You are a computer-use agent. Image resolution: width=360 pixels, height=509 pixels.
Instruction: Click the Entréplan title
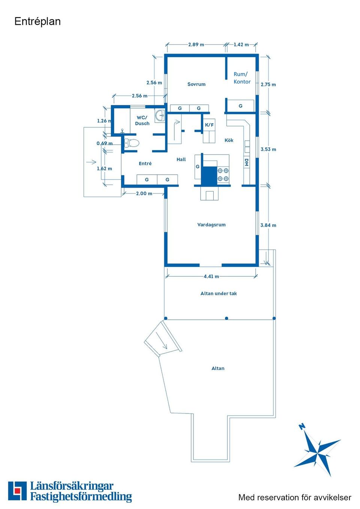point(37,22)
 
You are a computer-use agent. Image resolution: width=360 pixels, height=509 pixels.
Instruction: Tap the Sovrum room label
point(196,84)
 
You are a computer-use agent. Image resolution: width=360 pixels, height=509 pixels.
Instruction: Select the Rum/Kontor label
point(242,78)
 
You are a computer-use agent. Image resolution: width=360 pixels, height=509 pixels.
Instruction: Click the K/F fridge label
point(209,125)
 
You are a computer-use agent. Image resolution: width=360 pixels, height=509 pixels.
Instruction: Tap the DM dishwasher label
point(246,162)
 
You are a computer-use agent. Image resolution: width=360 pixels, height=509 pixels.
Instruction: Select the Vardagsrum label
point(211,225)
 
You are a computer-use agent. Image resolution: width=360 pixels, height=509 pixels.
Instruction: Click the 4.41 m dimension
point(211,277)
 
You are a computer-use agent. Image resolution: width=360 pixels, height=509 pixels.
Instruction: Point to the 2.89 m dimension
point(196,45)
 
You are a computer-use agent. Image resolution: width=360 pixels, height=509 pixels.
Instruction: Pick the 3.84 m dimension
point(268,225)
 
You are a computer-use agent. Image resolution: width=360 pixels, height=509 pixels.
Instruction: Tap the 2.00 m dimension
point(144,194)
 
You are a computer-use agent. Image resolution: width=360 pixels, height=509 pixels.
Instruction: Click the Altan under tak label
point(219,293)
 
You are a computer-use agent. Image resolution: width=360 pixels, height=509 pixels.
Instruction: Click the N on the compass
point(302,427)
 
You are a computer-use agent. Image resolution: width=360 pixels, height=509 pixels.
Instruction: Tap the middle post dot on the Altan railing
point(226,318)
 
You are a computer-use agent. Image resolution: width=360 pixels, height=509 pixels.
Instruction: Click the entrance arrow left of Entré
point(91,162)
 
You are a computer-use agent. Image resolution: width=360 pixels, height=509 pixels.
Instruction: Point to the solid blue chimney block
point(209,175)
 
